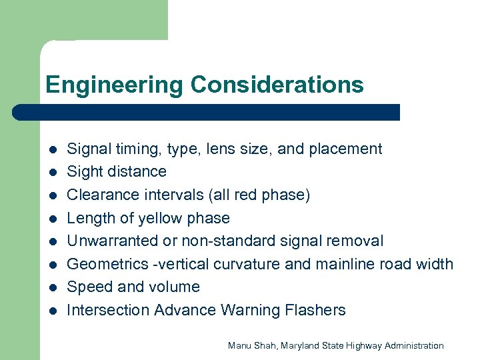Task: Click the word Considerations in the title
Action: click(277, 85)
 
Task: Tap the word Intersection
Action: click(108, 310)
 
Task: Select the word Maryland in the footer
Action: click(303, 345)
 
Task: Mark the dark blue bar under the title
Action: click(207, 112)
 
